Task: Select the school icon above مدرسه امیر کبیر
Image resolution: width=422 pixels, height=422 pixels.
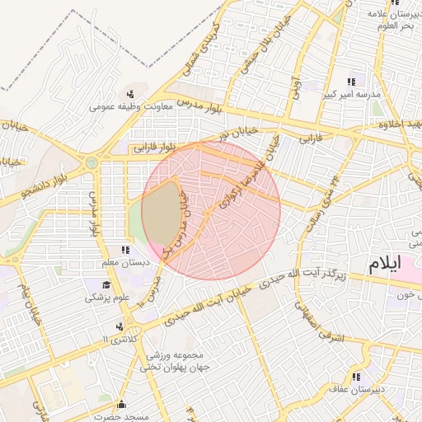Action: (x=352, y=82)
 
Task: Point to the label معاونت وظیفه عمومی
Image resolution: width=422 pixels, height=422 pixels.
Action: (x=131, y=106)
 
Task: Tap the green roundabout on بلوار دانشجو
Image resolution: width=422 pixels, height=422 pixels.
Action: (x=91, y=163)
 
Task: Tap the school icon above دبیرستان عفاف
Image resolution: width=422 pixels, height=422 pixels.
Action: (x=356, y=377)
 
